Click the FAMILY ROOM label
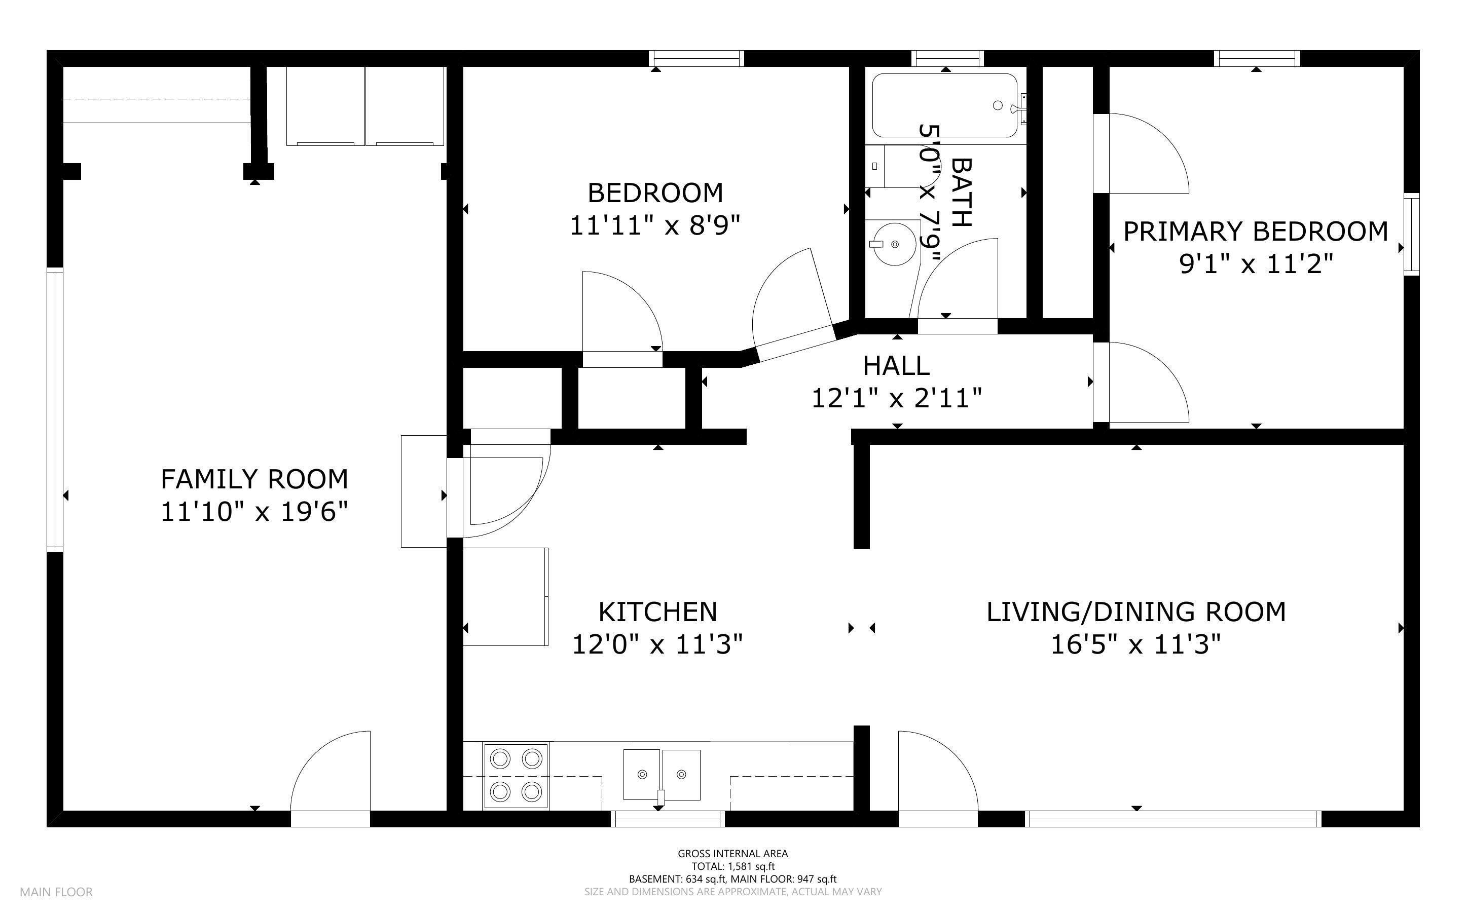click(254, 479)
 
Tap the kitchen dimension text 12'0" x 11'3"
click(657, 644)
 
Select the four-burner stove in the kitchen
click(516, 776)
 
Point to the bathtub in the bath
click(945, 105)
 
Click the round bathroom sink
click(894, 244)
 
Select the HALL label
click(896, 366)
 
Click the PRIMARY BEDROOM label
click(1256, 232)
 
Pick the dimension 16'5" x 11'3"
click(1135, 644)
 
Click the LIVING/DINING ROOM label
click(1136, 612)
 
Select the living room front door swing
click(938, 771)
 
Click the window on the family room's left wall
click(55, 409)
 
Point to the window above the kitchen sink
click(668, 819)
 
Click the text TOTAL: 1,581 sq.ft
click(733, 866)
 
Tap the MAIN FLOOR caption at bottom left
click(56, 892)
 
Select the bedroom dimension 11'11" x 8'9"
click(655, 226)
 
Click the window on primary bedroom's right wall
click(1412, 235)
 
